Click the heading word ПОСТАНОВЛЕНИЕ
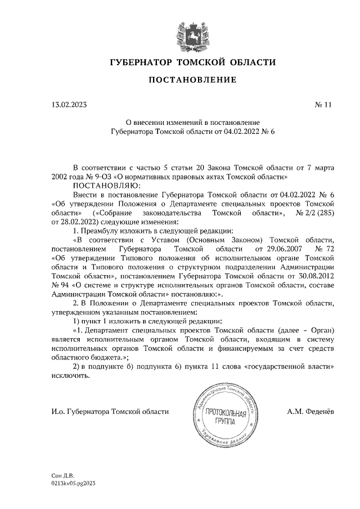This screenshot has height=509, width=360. pyautogui.click(x=192, y=80)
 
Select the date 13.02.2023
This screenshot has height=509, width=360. pyautogui.click(x=69, y=104)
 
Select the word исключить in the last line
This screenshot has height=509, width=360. pyautogui.click(x=70, y=375)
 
